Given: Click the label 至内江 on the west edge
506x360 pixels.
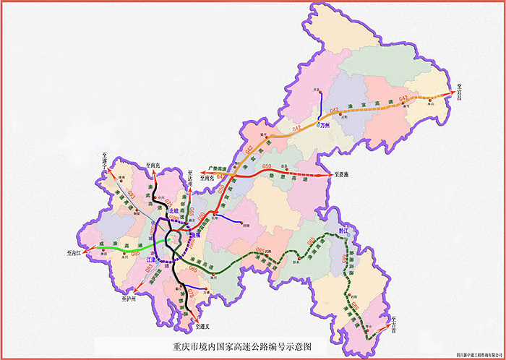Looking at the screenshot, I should (74, 254).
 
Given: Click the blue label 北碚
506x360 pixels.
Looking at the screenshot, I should (173, 211).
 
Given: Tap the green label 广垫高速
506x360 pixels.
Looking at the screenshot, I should (217, 168).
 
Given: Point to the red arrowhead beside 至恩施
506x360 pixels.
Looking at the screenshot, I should (330, 174).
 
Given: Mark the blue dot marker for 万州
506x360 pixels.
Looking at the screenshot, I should (318, 125).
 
